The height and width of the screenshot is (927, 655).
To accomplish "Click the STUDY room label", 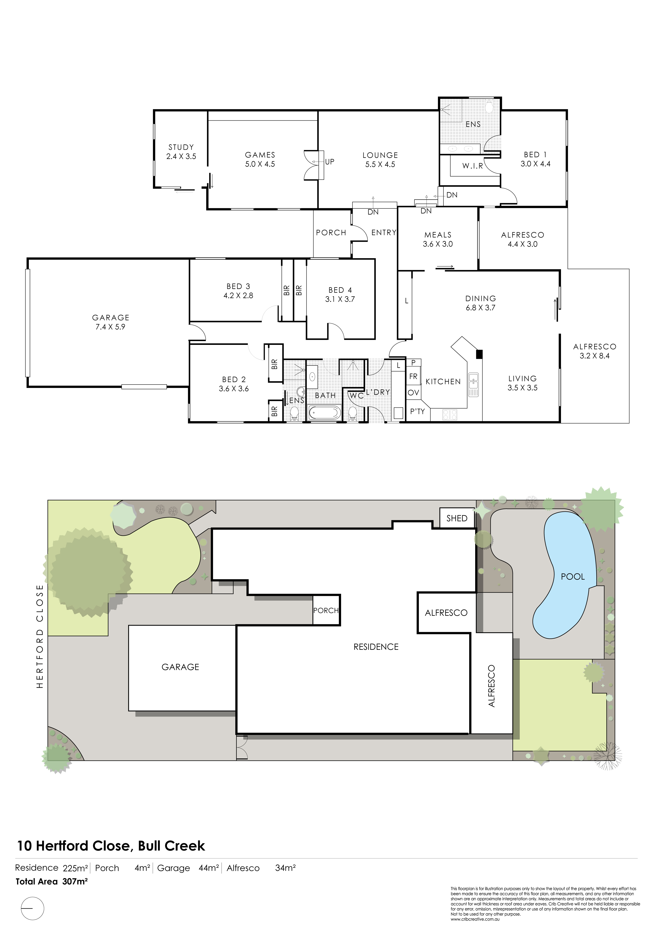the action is click(x=181, y=147).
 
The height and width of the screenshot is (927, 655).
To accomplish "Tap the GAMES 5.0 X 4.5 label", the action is click(x=260, y=159).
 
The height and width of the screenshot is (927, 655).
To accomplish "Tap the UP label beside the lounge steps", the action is click(x=330, y=161).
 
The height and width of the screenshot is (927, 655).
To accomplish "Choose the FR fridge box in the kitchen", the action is click(x=413, y=376).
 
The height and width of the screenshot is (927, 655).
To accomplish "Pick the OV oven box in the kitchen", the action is click(x=413, y=393).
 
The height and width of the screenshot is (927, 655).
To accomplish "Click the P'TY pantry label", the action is click(x=418, y=411).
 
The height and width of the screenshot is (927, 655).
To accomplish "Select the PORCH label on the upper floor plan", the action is click(x=331, y=233).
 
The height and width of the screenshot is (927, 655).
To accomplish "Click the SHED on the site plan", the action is click(x=457, y=518).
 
